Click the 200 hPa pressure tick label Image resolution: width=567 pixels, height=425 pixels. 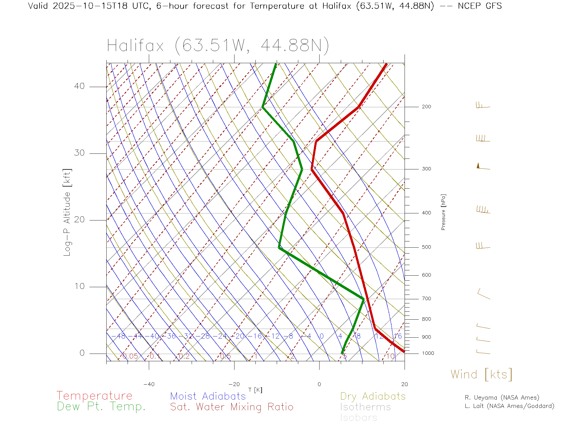click(426, 107)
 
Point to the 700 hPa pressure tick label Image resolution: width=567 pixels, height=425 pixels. click(426, 299)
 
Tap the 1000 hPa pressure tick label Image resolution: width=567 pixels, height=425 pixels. click(428, 353)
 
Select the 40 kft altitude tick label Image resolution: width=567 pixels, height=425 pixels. click(79, 86)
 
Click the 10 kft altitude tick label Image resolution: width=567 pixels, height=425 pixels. click(79, 286)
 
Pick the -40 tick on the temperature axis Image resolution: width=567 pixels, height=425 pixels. click(149, 384)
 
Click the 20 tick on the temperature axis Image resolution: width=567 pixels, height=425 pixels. click(404, 384)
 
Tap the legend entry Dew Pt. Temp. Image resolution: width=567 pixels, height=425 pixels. click(101, 407)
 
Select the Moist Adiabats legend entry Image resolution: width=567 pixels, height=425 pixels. click(208, 396)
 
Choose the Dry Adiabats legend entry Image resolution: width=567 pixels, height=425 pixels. click(373, 396)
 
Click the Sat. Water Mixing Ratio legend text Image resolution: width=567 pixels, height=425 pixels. click(232, 407)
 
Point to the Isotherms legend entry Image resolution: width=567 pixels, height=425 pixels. click(365, 407)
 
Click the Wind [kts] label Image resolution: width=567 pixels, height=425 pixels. click(481, 374)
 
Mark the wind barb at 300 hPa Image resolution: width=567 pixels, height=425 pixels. click(483, 167)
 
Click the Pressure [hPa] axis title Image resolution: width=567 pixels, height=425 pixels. click(443, 212)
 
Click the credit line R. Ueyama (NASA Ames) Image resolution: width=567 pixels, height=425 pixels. click(502, 398)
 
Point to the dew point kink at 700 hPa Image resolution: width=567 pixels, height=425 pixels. click(364, 299)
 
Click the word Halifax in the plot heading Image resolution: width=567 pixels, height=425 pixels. click(135, 46)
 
